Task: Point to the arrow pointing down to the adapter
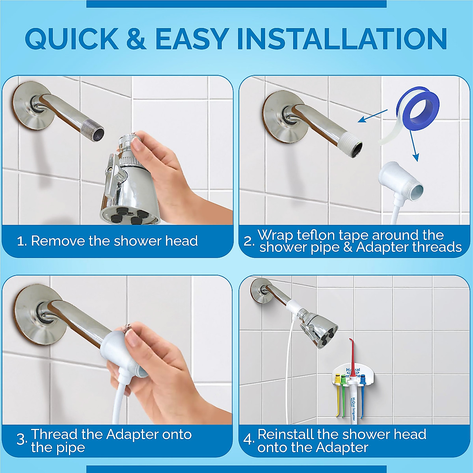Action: click(x=412, y=146)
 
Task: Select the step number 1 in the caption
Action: click(x=22, y=241)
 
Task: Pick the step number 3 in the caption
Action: click(x=21, y=440)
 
